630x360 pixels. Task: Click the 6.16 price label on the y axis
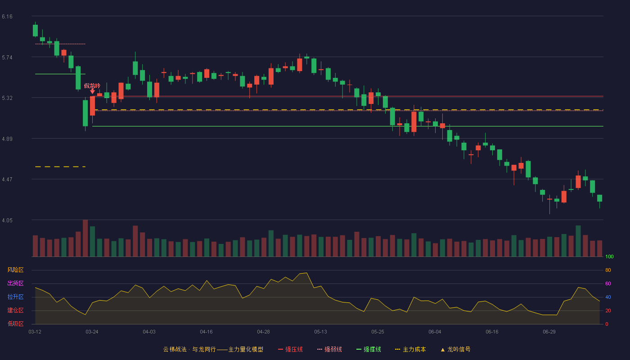[x=7, y=17]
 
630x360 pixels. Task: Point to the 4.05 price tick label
[x=7, y=220]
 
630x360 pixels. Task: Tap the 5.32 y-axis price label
[x=7, y=98]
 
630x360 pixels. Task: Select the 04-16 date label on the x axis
[x=206, y=332]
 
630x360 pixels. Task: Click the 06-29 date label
[x=549, y=332]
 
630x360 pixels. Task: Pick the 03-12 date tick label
[x=35, y=332]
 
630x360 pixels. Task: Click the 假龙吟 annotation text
[x=92, y=86]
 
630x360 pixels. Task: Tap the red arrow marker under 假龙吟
[x=92, y=91]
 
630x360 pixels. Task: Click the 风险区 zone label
[x=15, y=270]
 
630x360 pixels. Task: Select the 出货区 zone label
[x=15, y=283]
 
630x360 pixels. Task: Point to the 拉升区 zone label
[x=15, y=297]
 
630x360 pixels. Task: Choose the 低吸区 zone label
[x=15, y=324]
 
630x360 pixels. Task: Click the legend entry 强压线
[x=290, y=349]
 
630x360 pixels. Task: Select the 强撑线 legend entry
[x=369, y=349]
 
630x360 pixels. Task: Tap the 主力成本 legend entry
[x=410, y=349]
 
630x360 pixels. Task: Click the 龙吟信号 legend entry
[x=455, y=349]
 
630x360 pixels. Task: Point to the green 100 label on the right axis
[x=609, y=256]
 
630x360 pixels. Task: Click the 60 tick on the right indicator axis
[x=608, y=283]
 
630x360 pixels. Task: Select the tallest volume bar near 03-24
[x=85, y=238]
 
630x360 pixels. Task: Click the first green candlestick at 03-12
[x=35, y=31]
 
